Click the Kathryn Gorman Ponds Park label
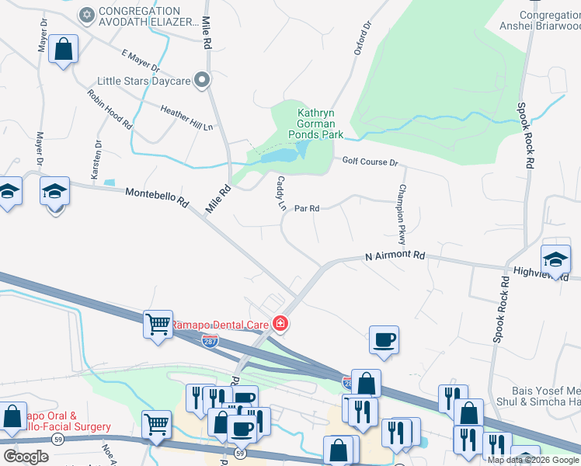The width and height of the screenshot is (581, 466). (x=321, y=123)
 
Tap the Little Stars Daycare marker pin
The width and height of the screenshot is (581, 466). (x=203, y=80)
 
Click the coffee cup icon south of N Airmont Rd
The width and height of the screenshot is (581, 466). (x=384, y=339)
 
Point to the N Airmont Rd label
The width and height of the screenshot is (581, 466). (x=396, y=255)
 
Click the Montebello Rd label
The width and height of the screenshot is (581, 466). (x=157, y=196)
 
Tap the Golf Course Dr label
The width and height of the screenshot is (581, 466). (x=370, y=162)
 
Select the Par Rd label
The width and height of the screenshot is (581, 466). (x=308, y=208)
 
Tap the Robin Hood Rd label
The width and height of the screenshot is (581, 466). (x=110, y=109)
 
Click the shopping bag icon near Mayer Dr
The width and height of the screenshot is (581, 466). (x=64, y=49)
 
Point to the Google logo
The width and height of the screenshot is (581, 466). (x=26, y=457)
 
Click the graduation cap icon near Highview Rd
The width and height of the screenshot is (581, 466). (x=555, y=259)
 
